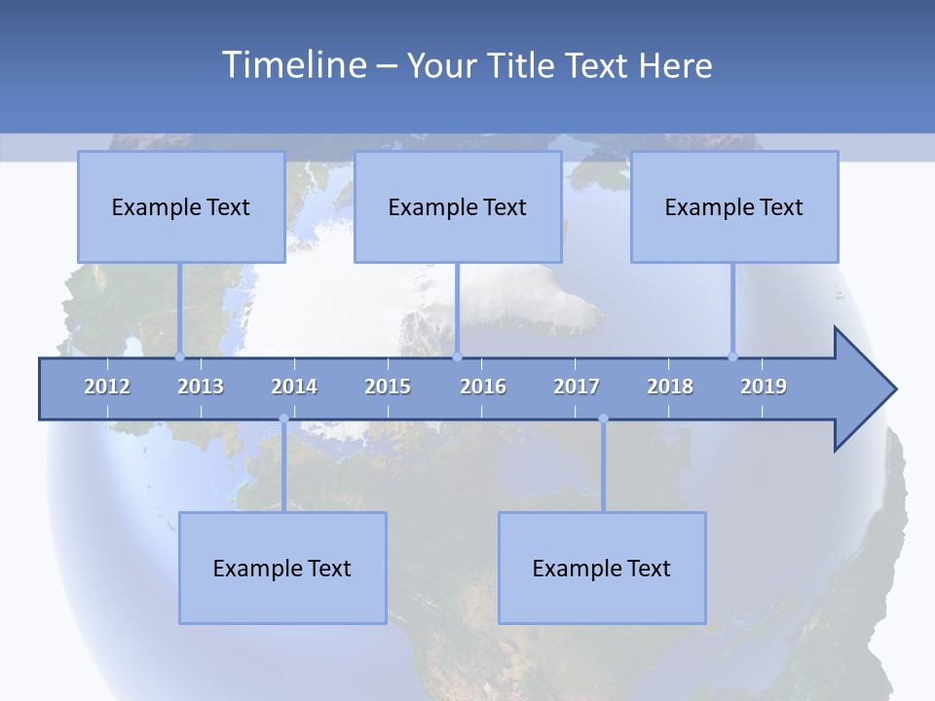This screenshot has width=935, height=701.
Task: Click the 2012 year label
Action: pos(107,387)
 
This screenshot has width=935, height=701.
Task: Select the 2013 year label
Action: pos(201,387)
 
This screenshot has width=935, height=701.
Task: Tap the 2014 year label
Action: pos(294,387)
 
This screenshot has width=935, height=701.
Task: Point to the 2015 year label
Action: pos(388,387)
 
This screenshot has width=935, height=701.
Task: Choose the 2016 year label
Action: pos(483,387)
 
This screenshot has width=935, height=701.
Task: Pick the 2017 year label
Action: pos(577,387)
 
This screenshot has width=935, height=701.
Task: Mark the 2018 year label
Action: pos(670,387)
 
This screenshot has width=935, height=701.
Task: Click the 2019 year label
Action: pos(764,387)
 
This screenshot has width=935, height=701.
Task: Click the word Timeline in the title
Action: pos(293,65)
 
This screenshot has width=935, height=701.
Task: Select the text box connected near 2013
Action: pos(181,206)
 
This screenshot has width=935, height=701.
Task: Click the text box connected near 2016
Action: pos(458,206)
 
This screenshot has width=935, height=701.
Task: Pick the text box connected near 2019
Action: pos(734,206)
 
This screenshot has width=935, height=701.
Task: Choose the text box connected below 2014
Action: pos(282,568)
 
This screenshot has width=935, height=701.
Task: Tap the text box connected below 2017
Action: pos(602,568)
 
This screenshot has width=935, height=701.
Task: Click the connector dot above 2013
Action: pos(179,356)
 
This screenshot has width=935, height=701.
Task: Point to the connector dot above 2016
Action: pos(458,356)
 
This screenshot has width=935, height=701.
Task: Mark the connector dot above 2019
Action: pos(732,356)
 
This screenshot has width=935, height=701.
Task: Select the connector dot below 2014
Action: pos(283,419)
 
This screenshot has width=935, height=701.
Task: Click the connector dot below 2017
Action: pos(603,419)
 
